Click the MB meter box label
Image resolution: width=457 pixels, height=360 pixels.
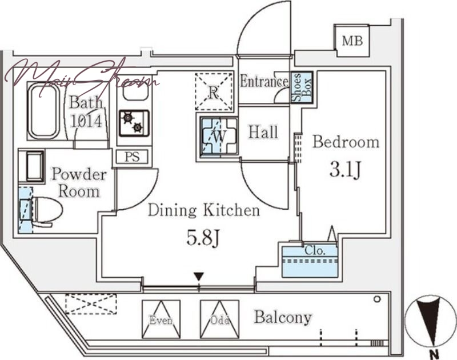352,41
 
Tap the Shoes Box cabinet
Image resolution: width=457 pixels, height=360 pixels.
302,87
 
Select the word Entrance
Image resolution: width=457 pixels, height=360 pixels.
263,82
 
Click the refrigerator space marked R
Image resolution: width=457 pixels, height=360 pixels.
214,91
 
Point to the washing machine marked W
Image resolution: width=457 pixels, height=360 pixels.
218,137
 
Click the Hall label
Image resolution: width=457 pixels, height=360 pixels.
263,133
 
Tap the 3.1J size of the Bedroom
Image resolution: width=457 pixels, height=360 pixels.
345,170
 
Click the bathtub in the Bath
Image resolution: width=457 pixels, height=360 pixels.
44,111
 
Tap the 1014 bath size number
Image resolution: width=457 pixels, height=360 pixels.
86,121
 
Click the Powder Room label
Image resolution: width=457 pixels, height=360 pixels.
79,182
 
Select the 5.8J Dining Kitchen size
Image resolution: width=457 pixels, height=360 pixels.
204,238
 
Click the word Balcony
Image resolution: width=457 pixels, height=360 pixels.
283,317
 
